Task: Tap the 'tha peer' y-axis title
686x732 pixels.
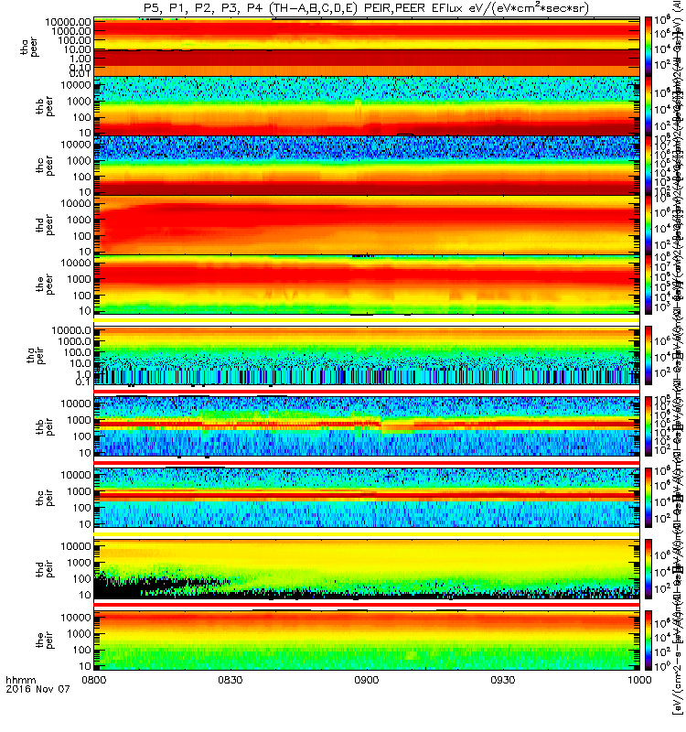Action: [x=28, y=45]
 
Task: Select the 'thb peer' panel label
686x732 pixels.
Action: [x=28, y=105]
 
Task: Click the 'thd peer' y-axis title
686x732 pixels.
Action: [x=28, y=224]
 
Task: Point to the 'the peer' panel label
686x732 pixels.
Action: [x=28, y=284]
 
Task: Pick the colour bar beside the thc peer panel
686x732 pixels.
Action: [x=649, y=165]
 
